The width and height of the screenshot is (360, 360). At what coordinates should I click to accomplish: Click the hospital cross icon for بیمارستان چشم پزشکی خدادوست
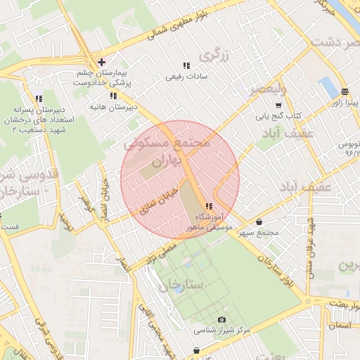102,62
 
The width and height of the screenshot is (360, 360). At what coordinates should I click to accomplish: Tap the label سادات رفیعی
184,77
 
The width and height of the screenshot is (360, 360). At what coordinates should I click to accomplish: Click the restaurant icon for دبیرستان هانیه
112,96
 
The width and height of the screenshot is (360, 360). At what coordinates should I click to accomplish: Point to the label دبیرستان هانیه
112,107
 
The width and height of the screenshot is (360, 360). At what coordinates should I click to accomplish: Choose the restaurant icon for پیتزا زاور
345,91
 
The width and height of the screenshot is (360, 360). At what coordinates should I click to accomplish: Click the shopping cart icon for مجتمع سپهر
259,221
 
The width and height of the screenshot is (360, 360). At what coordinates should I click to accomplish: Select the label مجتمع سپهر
259,233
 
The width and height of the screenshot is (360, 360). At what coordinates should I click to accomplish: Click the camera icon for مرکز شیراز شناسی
222,320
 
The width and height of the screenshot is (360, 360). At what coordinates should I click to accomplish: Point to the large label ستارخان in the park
180,285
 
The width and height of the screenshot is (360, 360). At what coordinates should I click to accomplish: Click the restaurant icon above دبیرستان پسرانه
39,98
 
